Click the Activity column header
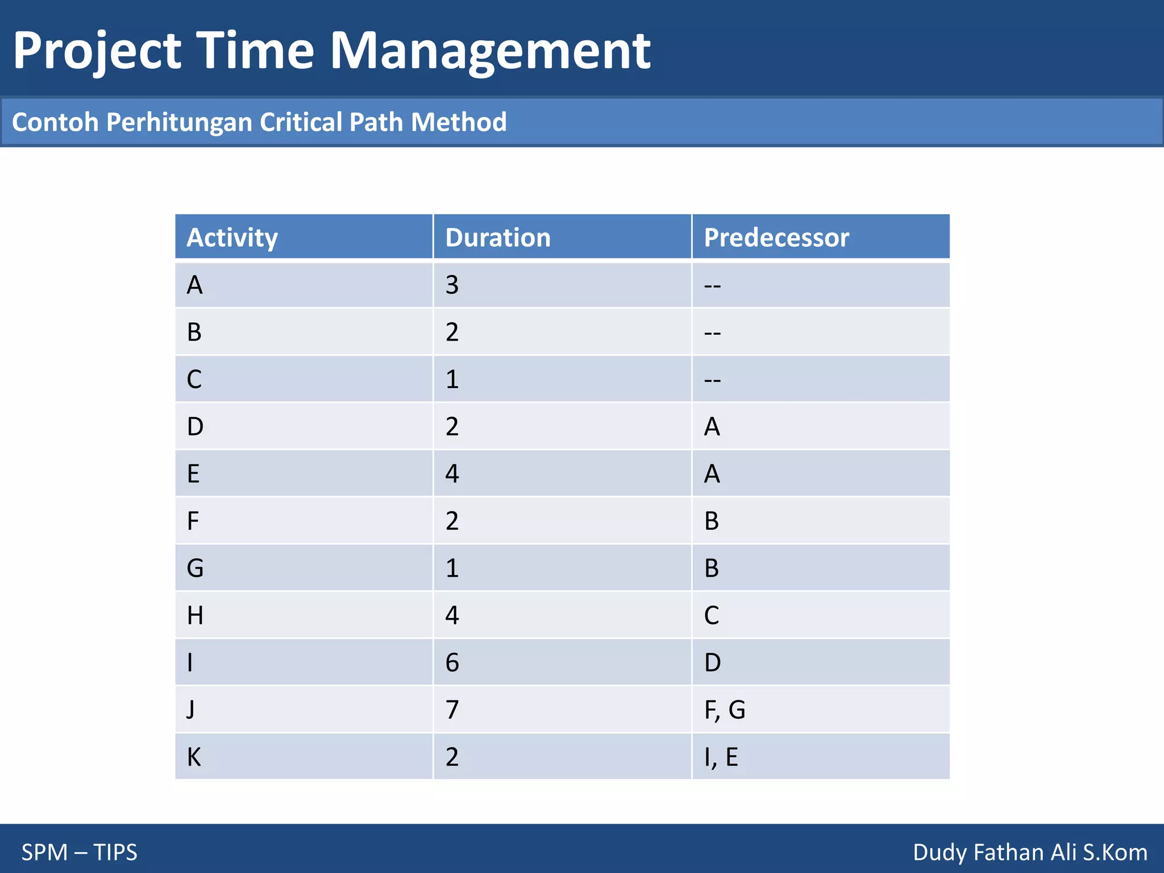[x=232, y=238]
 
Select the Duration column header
[x=498, y=238]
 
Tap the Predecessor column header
[x=776, y=238]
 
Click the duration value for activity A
[x=452, y=285]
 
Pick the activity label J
[x=191, y=710]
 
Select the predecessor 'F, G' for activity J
[x=725, y=710]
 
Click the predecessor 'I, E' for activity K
[x=721, y=757]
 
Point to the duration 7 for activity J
[x=452, y=710]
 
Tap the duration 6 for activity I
[x=452, y=663]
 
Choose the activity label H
[x=195, y=616]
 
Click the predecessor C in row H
[x=712, y=616]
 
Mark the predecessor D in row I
[x=712, y=663]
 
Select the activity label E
[x=193, y=474]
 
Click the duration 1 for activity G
[x=452, y=568]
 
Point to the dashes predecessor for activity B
[x=712, y=332]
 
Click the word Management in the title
[x=490, y=51]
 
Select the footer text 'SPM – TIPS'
[x=80, y=852]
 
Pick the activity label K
[x=194, y=757]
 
